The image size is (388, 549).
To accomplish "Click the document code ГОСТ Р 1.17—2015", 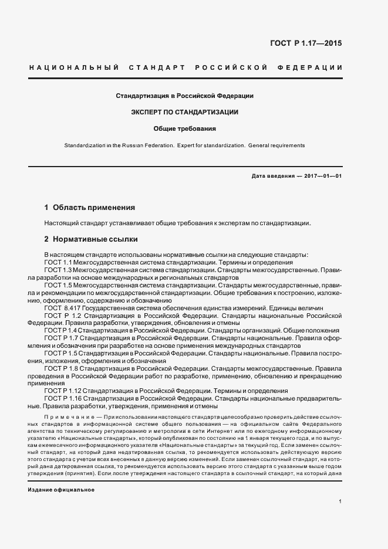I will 305,43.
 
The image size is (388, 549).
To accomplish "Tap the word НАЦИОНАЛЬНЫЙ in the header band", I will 74,67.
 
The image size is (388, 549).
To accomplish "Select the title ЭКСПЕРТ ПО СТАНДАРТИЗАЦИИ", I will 184,111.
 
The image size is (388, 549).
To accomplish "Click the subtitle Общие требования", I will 185,128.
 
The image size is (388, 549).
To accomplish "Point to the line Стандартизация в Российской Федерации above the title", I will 184,95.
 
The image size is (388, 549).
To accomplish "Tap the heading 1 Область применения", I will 90,208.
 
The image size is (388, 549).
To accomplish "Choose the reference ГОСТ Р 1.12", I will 63,391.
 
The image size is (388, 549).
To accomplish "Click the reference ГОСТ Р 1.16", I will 63,398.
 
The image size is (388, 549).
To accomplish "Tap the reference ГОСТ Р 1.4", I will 61,331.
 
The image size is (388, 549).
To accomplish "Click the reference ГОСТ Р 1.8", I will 61,368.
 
